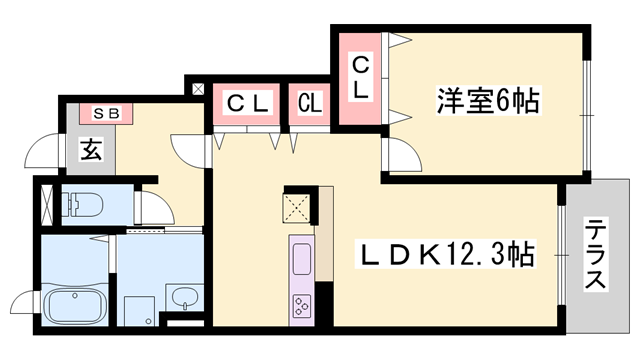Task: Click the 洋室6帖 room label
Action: [x=488, y=100]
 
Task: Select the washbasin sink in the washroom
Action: [x=182, y=296]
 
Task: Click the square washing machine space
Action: [x=137, y=307]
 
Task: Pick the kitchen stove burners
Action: [x=301, y=306]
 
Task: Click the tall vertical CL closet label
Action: [x=360, y=77]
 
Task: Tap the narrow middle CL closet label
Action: [x=309, y=102]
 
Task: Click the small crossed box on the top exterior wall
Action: [x=196, y=89]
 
